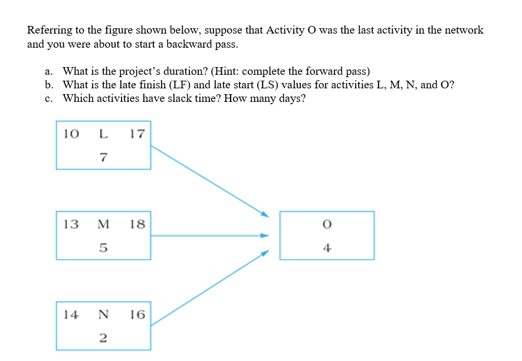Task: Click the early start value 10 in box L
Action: [x=71, y=134]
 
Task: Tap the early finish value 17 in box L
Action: [x=137, y=134]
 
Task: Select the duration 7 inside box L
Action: [x=103, y=157]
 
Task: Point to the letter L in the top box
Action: [x=103, y=134]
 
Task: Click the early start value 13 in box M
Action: [x=71, y=224]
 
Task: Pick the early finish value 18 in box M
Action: [x=137, y=224]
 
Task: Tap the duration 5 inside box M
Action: [x=103, y=247]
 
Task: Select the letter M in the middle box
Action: [x=103, y=224]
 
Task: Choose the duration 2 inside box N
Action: [x=103, y=337]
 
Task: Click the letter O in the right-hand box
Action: [x=327, y=224]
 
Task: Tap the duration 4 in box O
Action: [x=327, y=247]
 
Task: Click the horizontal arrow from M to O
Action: [x=209, y=236]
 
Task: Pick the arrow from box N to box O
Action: [x=209, y=289]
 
